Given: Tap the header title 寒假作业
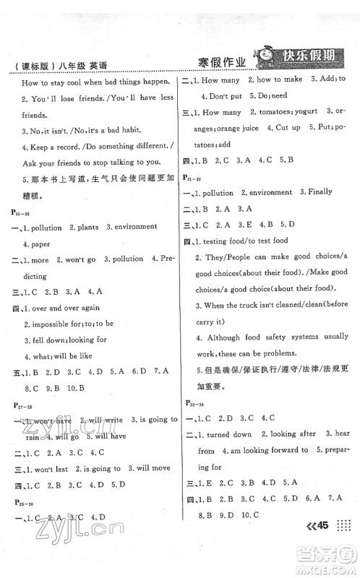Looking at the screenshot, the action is (x=223, y=63).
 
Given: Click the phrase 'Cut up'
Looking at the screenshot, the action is (x=283, y=128).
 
